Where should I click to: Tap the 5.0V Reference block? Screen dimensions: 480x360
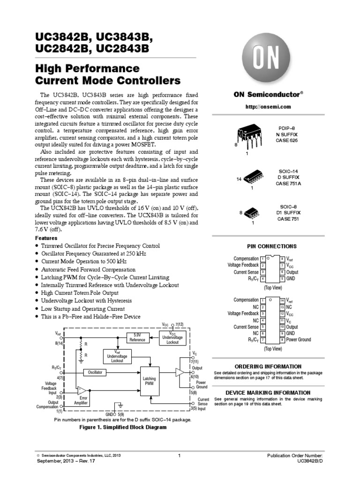[137, 337]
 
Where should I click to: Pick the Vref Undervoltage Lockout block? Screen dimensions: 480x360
[117, 356]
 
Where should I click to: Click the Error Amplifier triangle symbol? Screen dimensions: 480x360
[82, 390]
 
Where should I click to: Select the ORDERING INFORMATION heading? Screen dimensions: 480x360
[268, 366]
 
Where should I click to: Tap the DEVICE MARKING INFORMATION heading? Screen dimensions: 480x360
[268, 392]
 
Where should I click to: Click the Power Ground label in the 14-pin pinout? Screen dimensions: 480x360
[299, 339]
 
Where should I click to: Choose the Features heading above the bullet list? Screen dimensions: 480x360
[47, 238]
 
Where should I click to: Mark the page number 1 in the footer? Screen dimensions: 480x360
[180, 456]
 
